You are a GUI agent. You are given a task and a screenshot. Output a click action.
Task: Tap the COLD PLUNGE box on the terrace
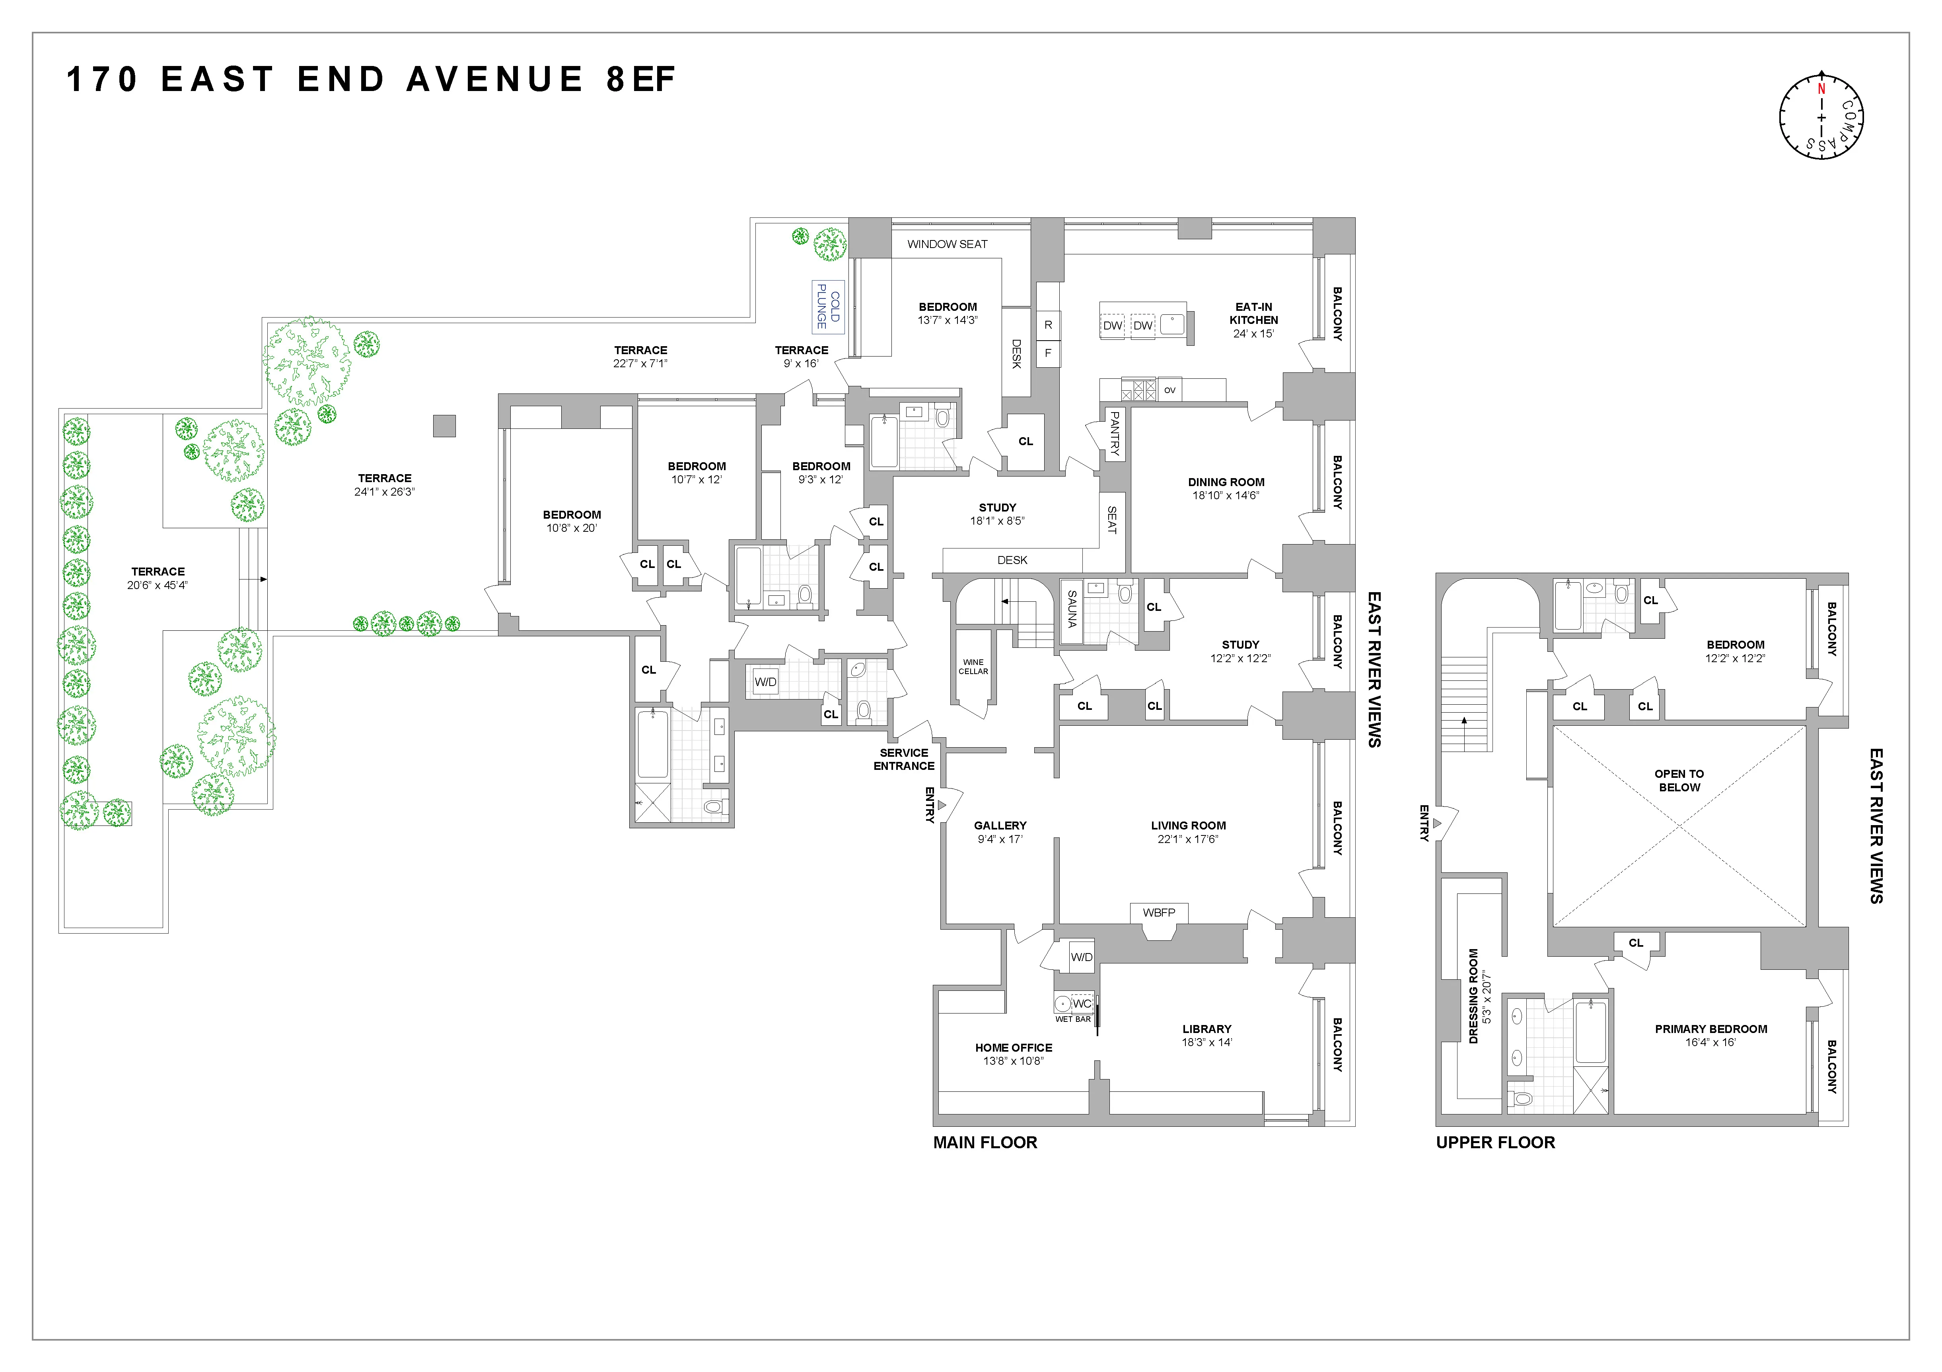[827, 306]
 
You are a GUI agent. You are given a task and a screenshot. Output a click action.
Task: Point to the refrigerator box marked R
[1048, 325]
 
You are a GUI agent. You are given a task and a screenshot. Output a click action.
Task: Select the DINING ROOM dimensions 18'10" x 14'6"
[1226, 495]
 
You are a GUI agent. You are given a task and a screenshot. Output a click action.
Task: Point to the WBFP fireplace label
[1159, 912]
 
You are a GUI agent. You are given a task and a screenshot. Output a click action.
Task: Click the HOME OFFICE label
[1013, 1047]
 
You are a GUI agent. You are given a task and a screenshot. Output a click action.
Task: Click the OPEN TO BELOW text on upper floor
[1679, 780]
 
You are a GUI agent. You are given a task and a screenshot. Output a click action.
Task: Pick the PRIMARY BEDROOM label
[1710, 1029]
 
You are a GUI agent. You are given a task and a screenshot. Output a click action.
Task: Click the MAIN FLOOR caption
[985, 1142]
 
